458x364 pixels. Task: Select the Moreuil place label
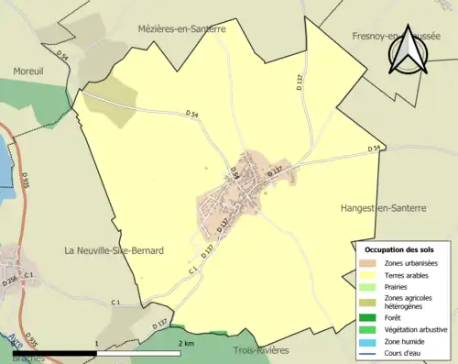(29, 71)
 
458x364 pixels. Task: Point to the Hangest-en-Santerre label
(382, 208)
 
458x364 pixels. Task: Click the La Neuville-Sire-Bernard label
(114, 250)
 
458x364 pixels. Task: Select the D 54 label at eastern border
(374, 149)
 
